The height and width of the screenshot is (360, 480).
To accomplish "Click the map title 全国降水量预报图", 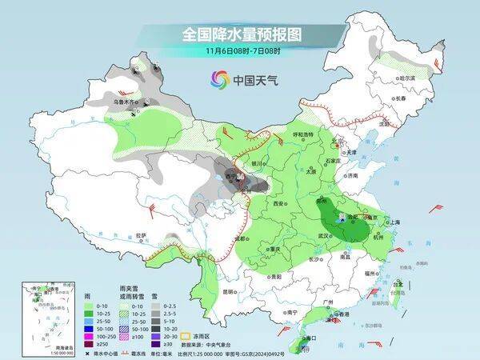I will click(x=240, y=34).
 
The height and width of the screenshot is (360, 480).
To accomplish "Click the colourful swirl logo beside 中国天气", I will click(x=219, y=79).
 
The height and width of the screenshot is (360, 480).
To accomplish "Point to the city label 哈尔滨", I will click(x=406, y=78).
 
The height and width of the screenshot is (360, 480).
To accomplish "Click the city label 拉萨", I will click(x=142, y=235).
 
